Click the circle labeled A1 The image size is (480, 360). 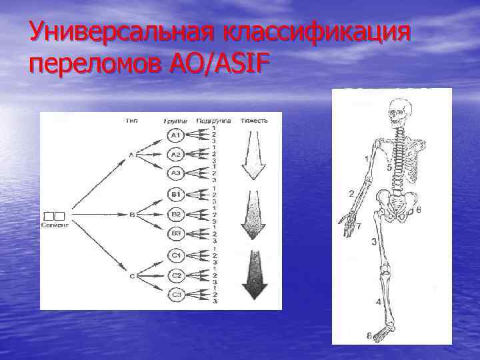pos(175,136)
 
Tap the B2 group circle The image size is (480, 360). pos(175,215)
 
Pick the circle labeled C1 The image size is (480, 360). pos(175,256)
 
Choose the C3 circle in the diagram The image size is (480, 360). pos(175,294)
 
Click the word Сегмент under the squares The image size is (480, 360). pos(55,225)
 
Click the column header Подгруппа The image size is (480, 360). pos(213,121)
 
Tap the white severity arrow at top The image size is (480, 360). pos(253,155)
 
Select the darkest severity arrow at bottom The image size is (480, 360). pos(254,274)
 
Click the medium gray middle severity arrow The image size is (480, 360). pos(253,214)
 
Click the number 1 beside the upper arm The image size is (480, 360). pos(366,158)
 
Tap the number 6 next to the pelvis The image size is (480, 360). pos(418,210)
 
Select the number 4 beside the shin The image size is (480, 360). pos(378,302)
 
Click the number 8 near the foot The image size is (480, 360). pos(369,335)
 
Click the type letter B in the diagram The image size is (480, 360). pos(133,215)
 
